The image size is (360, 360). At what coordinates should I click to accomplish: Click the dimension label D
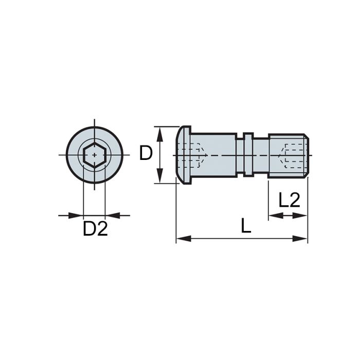pyautogui.click(x=147, y=153)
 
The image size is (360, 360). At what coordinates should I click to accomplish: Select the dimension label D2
pyautogui.click(x=96, y=229)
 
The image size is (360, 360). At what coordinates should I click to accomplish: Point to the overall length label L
pyautogui.click(x=246, y=225)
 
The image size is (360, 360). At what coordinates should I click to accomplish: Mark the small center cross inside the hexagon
pyautogui.click(x=94, y=154)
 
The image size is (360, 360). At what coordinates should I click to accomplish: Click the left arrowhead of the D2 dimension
pyautogui.click(x=77, y=215)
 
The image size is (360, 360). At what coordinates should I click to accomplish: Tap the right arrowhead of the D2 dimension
pyautogui.click(x=111, y=215)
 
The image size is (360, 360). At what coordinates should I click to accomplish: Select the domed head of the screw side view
pyautogui.click(x=182, y=154)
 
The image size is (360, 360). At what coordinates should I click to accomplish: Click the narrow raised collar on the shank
pyautogui.click(x=248, y=154)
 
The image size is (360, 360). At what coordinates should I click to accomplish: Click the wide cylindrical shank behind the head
pyautogui.click(x=216, y=154)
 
